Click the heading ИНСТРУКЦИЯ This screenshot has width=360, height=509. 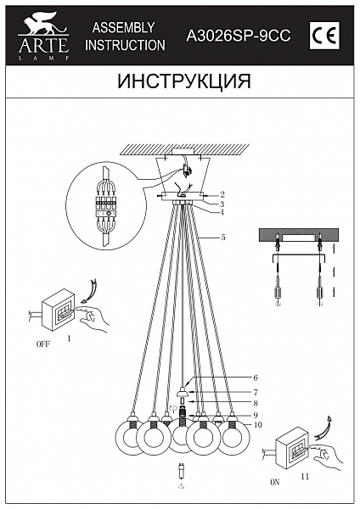(x=180, y=81)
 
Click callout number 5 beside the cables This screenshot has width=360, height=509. (x=222, y=239)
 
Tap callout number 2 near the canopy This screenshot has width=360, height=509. (x=222, y=194)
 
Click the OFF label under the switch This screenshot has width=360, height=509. (x=43, y=346)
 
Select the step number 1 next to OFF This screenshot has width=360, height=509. (x=69, y=338)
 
